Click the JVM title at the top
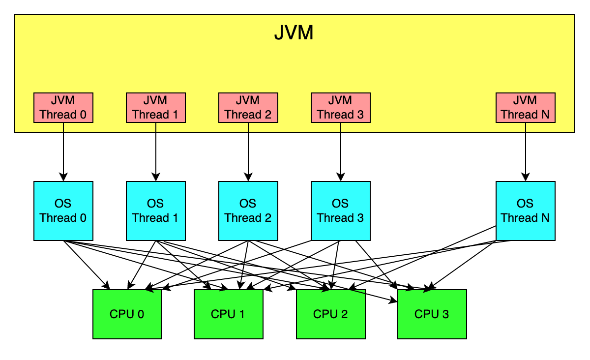click(294, 34)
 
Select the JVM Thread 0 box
click(63, 108)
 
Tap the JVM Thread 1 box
click(155, 108)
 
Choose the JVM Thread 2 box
click(248, 108)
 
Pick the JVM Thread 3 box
click(340, 108)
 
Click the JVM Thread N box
click(525, 108)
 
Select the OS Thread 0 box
click(63, 211)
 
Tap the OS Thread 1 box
click(155, 211)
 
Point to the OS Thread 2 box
click(248, 211)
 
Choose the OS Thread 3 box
click(340, 211)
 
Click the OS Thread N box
click(525, 211)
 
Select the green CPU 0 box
click(127, 314)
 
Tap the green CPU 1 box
click(228, 314)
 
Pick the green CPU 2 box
click(330, 314)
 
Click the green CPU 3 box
click(432, 314)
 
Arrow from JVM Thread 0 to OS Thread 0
click(63, 152)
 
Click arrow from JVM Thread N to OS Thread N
click(525, 152)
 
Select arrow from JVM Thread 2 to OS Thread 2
click(248, 152)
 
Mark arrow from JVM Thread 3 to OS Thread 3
click(340, 152)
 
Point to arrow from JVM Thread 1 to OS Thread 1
click(155, 152)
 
